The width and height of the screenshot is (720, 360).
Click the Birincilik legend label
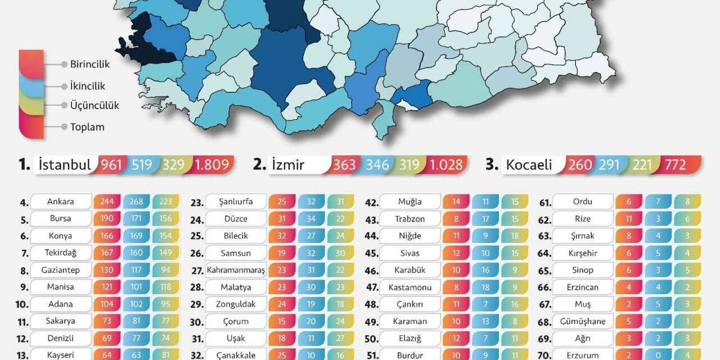89,64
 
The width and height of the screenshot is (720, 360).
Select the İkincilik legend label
87,86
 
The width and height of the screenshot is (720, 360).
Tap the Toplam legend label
87,127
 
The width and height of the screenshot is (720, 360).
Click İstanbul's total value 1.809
211,165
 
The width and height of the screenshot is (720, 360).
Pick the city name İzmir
287,165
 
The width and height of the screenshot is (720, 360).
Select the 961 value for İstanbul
111,165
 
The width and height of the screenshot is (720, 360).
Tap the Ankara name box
61,201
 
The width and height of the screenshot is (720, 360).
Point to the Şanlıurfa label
235,201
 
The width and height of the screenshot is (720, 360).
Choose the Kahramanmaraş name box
235,270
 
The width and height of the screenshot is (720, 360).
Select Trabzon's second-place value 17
486,218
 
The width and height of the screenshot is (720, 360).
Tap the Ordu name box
583,201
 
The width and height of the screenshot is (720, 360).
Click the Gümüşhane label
583,321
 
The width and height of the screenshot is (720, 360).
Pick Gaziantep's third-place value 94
166,270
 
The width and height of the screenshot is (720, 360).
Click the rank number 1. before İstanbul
24,165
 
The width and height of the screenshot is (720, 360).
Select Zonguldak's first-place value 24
282,304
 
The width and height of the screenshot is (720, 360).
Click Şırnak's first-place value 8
629,236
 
